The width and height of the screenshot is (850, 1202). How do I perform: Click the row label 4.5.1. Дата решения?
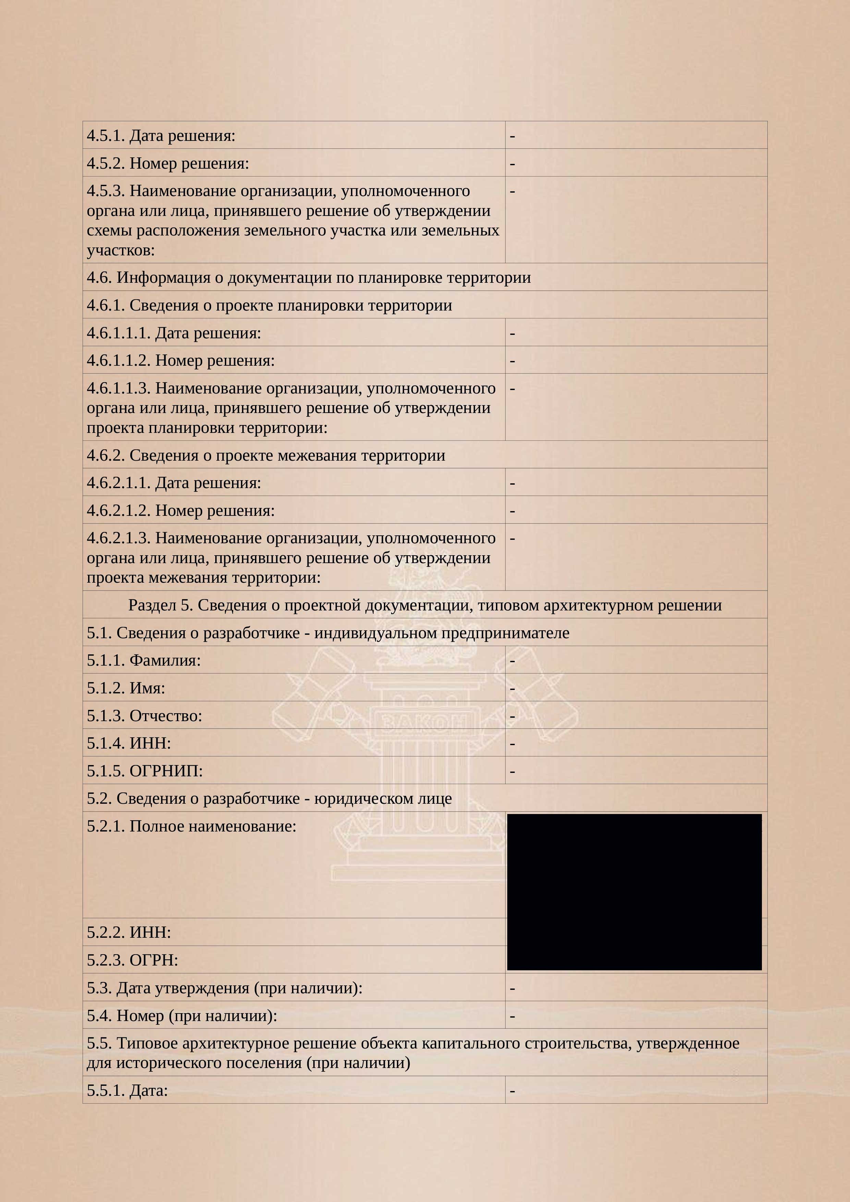tap(161, 136)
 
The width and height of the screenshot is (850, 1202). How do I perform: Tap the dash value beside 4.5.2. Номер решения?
tap(512, 163)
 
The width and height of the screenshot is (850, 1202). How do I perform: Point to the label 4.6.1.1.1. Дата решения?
tap(174, 333)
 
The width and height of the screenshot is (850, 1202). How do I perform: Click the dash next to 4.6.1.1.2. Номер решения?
tap(512, 361)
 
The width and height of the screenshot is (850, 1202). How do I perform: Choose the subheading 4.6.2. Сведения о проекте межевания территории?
tap(266, 455)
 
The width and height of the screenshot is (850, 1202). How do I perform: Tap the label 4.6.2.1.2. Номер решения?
tap(181, 510)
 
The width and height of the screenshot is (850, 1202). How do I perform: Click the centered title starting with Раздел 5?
tap(424, 605)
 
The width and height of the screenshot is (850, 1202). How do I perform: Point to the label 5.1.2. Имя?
tap(126, 688)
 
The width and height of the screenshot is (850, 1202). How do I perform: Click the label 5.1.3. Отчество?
tap(144, 716)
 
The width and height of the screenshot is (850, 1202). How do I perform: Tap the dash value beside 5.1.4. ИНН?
tap(512, 743)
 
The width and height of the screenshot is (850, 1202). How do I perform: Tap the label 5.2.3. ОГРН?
tap(132, 960)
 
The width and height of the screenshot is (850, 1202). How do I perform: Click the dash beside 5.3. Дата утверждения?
tap(512, 988)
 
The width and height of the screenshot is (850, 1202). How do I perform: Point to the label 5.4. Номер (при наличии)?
tap(182, 1016)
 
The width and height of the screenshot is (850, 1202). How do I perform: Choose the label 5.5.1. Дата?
tap(127, 1091)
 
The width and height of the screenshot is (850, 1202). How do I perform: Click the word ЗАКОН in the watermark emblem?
tap(424, 724)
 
